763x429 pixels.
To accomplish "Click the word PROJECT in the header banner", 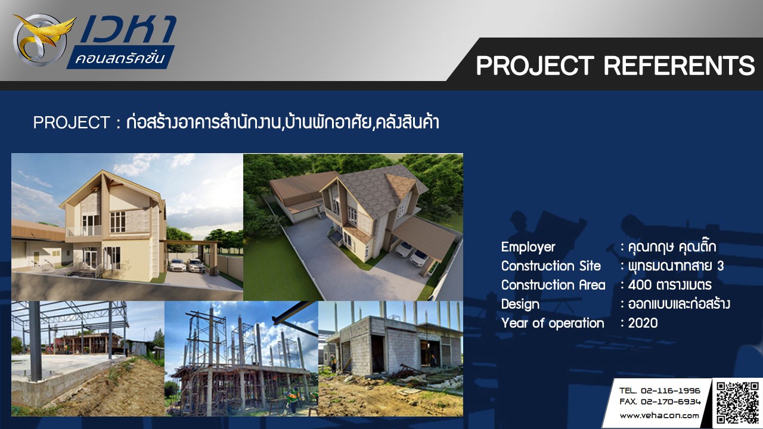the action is (535, 66).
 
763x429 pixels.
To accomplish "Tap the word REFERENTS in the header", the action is (679, 66).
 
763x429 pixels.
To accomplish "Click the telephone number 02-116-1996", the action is (670, 390).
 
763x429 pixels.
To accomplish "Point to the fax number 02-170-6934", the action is (671, 402).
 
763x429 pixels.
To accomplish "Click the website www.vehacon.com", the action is (659, 416).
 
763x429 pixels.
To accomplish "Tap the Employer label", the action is (528, 247).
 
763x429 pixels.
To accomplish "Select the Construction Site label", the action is (551, 266).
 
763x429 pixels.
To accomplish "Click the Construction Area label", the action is (553, 285).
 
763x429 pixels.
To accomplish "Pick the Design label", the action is (520, 304).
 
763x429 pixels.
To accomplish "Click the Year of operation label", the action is (553, 323).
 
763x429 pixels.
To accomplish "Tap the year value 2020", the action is (643, 323).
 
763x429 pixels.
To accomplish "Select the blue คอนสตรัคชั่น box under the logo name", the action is (120, 57).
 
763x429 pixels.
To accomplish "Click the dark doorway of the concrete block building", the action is (378, 353).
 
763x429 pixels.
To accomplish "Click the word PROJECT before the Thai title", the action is (71, 123).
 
